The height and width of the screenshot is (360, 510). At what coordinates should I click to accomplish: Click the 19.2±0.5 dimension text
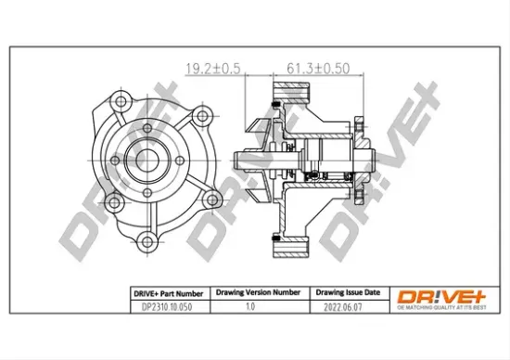pos(214,69)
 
